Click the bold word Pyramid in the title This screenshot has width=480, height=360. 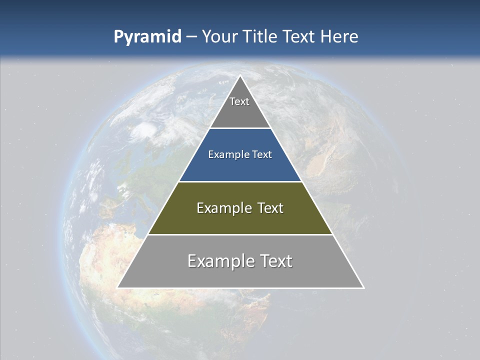[147, 37]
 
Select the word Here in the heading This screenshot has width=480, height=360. [339, 36]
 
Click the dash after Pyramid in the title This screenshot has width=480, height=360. [191, 37]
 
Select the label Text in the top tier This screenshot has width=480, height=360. [239, 101]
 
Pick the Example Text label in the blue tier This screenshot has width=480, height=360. [240, 154]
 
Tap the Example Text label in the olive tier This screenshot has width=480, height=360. [240, 208]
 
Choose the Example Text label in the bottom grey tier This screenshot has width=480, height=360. [240, 261]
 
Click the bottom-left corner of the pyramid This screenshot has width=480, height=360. [118, 287]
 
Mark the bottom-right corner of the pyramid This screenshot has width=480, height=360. [363, 287]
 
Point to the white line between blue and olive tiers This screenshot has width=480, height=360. [240, 181]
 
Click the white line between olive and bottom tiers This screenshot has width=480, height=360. [240, 234]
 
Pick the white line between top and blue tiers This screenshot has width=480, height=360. [240, 128]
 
